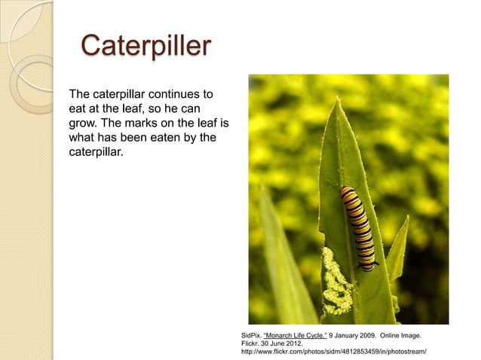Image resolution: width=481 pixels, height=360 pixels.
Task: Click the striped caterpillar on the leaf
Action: coord(357,227)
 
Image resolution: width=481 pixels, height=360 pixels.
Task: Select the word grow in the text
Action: coord(81,124)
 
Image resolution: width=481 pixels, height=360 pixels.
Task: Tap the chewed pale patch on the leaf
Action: coord(335,282)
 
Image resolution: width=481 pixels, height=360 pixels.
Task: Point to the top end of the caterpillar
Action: coord(348,191)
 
